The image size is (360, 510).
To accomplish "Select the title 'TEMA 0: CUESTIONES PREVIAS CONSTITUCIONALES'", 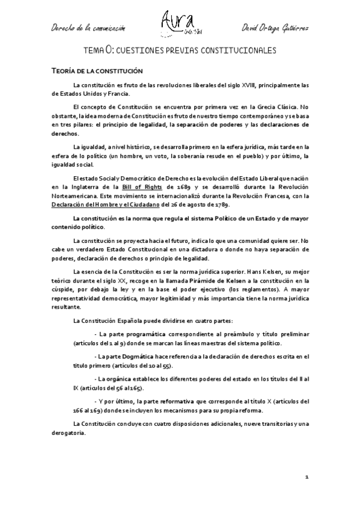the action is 179,51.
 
